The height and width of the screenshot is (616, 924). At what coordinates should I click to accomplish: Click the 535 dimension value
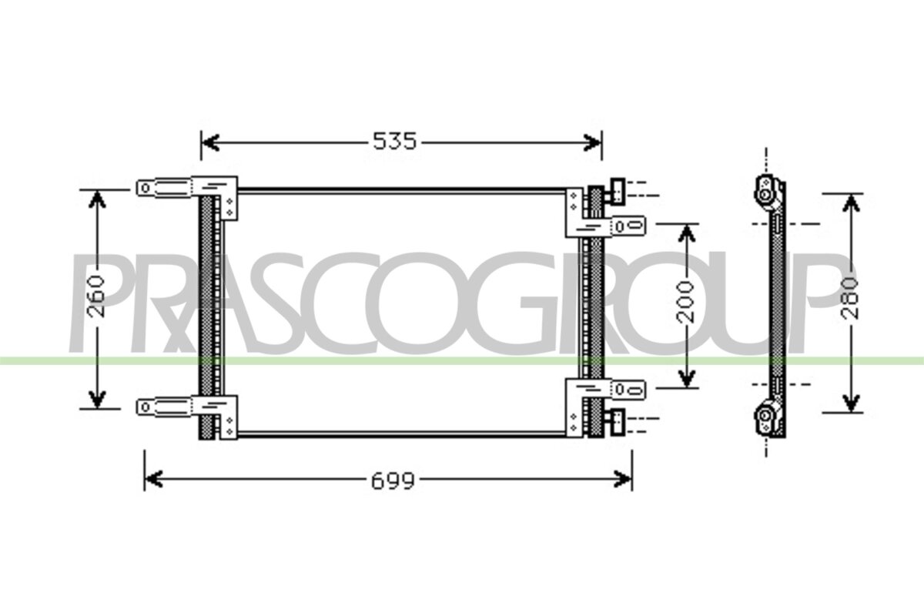395,141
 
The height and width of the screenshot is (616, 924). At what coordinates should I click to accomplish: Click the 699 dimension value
393,481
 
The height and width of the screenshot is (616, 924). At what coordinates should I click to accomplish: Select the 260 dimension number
96,296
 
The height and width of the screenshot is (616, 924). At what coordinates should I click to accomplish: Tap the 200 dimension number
685,302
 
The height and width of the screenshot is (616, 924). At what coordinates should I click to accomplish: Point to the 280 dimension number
850,298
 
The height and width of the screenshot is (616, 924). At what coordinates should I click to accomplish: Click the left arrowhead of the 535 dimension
210,142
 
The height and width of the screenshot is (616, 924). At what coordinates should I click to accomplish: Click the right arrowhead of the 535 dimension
592,142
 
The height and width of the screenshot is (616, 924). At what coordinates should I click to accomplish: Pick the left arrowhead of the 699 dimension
154,479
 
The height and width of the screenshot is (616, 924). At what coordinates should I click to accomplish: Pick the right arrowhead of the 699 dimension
622,479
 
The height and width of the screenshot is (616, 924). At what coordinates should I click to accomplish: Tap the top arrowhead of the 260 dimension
97,199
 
